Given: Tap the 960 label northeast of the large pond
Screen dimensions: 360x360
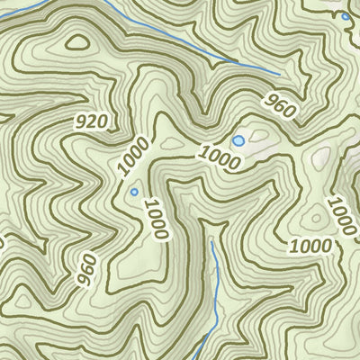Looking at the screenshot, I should tap(281, 107).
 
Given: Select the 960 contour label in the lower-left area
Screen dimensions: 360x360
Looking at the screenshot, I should tap(86, 268).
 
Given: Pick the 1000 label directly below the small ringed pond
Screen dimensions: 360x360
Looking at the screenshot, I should tap(156, 219).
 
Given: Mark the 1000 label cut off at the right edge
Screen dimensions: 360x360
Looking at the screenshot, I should tap(342, 213).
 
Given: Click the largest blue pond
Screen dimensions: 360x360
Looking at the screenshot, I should tap(238, 141).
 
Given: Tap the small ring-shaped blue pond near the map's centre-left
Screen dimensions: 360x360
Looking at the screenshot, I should tap(134, 192).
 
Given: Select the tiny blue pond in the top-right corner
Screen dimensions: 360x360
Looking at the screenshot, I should tap(346, 16).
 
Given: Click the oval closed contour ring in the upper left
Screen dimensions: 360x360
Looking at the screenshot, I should tap(78, 41).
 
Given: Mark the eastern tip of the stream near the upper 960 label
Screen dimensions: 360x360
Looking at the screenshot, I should tap(280, 72).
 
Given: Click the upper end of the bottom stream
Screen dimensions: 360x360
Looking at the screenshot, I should tap(211, 241).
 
